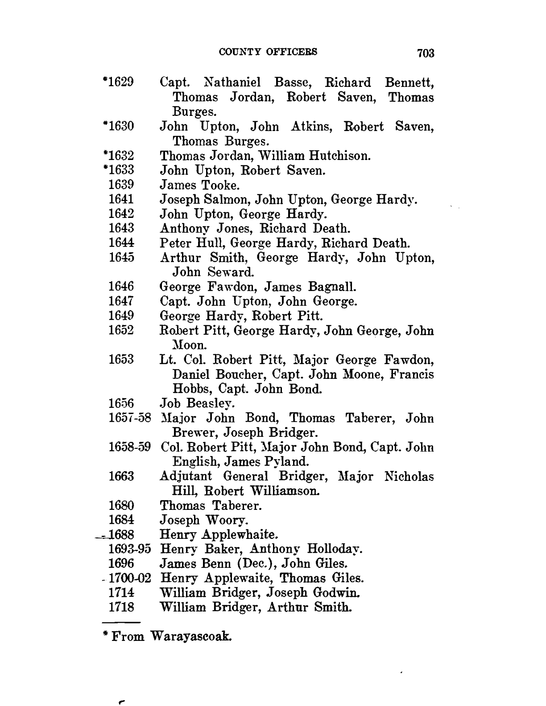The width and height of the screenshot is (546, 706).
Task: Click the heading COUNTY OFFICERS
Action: (x=268, y=52)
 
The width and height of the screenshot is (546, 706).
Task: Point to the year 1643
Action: (x=121, y=229)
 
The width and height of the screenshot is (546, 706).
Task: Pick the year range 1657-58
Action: (x=130, y=419)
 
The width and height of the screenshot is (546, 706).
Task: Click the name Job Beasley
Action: (x=197, y=404)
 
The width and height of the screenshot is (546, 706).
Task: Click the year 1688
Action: (x=121, y=534)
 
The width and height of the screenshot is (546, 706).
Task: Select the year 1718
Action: (x=121, y=607)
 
